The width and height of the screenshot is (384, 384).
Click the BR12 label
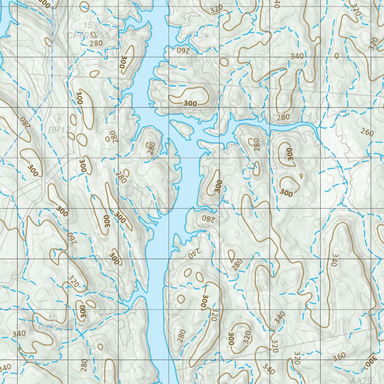59,130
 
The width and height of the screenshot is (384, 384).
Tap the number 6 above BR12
59,120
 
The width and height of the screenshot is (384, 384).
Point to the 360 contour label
339,356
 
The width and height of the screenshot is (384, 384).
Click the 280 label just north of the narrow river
283,117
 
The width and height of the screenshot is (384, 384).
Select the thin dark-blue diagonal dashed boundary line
26,135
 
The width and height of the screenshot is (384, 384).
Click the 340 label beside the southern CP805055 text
19,333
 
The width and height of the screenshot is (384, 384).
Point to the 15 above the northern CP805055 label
88,25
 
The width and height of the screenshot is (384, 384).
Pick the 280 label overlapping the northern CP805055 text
96,43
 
